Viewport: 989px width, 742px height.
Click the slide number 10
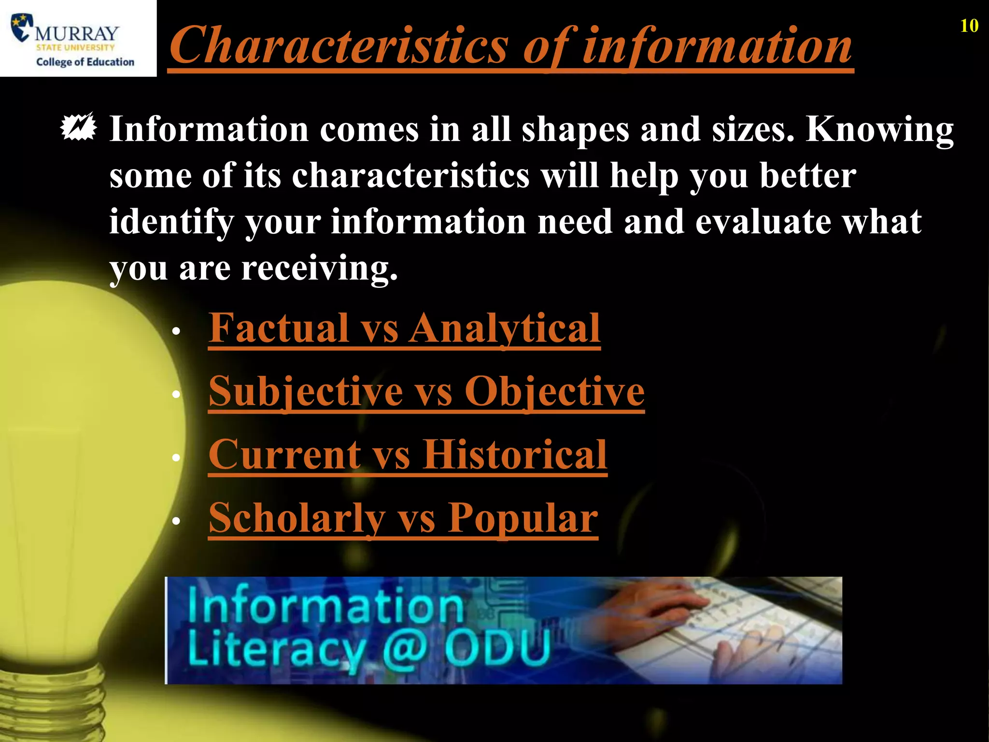pyautogui.click(x=969, y=26)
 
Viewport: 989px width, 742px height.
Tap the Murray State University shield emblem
pyautogui.click(x=22, y=28)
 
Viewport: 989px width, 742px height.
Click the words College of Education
pyautogui.click(x=85, y=62)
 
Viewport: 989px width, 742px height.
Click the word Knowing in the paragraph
pyautogui.click(x=879, y=129)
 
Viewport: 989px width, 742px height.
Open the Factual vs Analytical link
pyautogui.click(x=404, y=328)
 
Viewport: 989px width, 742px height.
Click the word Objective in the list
pyautogui.click(x=554, y=391)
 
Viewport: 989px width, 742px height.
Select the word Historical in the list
pyautogui.click(x=515, y=455)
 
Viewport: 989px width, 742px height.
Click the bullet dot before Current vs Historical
pyautogui.click(x=176, y=457)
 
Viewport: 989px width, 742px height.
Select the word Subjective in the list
pyautogui.click(x=306, y=391)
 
